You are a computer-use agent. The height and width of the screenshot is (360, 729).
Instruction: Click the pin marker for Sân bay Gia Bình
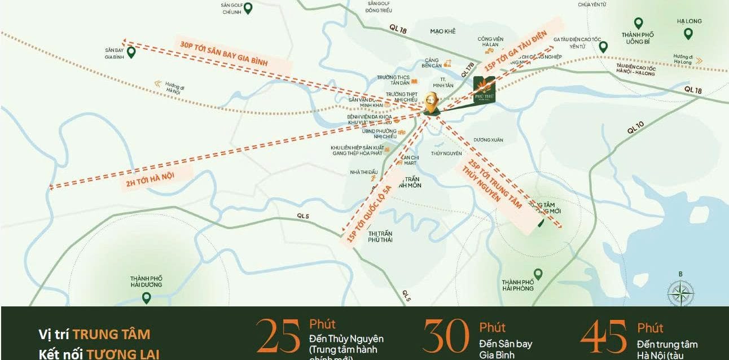coord(131,52)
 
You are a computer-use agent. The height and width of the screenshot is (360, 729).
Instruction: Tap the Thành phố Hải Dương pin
coord(146,297)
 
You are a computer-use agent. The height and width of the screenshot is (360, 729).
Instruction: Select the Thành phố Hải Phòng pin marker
coord(538,274)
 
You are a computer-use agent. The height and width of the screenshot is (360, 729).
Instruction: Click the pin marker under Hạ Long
coord(688,33)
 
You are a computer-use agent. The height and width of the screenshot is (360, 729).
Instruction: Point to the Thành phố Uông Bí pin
coord(638,23)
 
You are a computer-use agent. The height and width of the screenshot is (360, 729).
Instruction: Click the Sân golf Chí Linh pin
coord(247,8)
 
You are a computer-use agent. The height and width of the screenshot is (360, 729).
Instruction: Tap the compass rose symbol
coord(680,293)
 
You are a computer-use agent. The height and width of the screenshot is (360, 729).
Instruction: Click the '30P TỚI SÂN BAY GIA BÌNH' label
coord(223,54)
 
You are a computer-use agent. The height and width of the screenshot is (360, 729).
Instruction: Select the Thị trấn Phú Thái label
coord(380,236)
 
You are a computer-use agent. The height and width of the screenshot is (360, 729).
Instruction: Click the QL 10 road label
coord(635,126)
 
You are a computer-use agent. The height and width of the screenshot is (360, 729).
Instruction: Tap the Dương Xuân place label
coord(488,139)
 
